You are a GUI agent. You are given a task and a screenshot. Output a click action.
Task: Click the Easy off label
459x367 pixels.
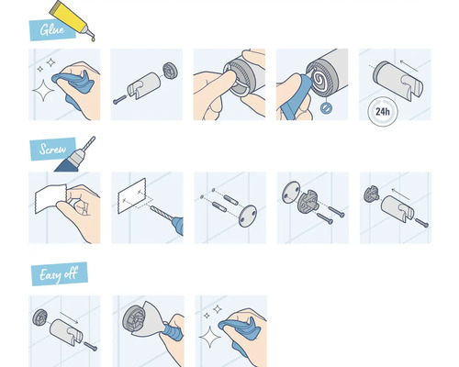coord(57,273)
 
